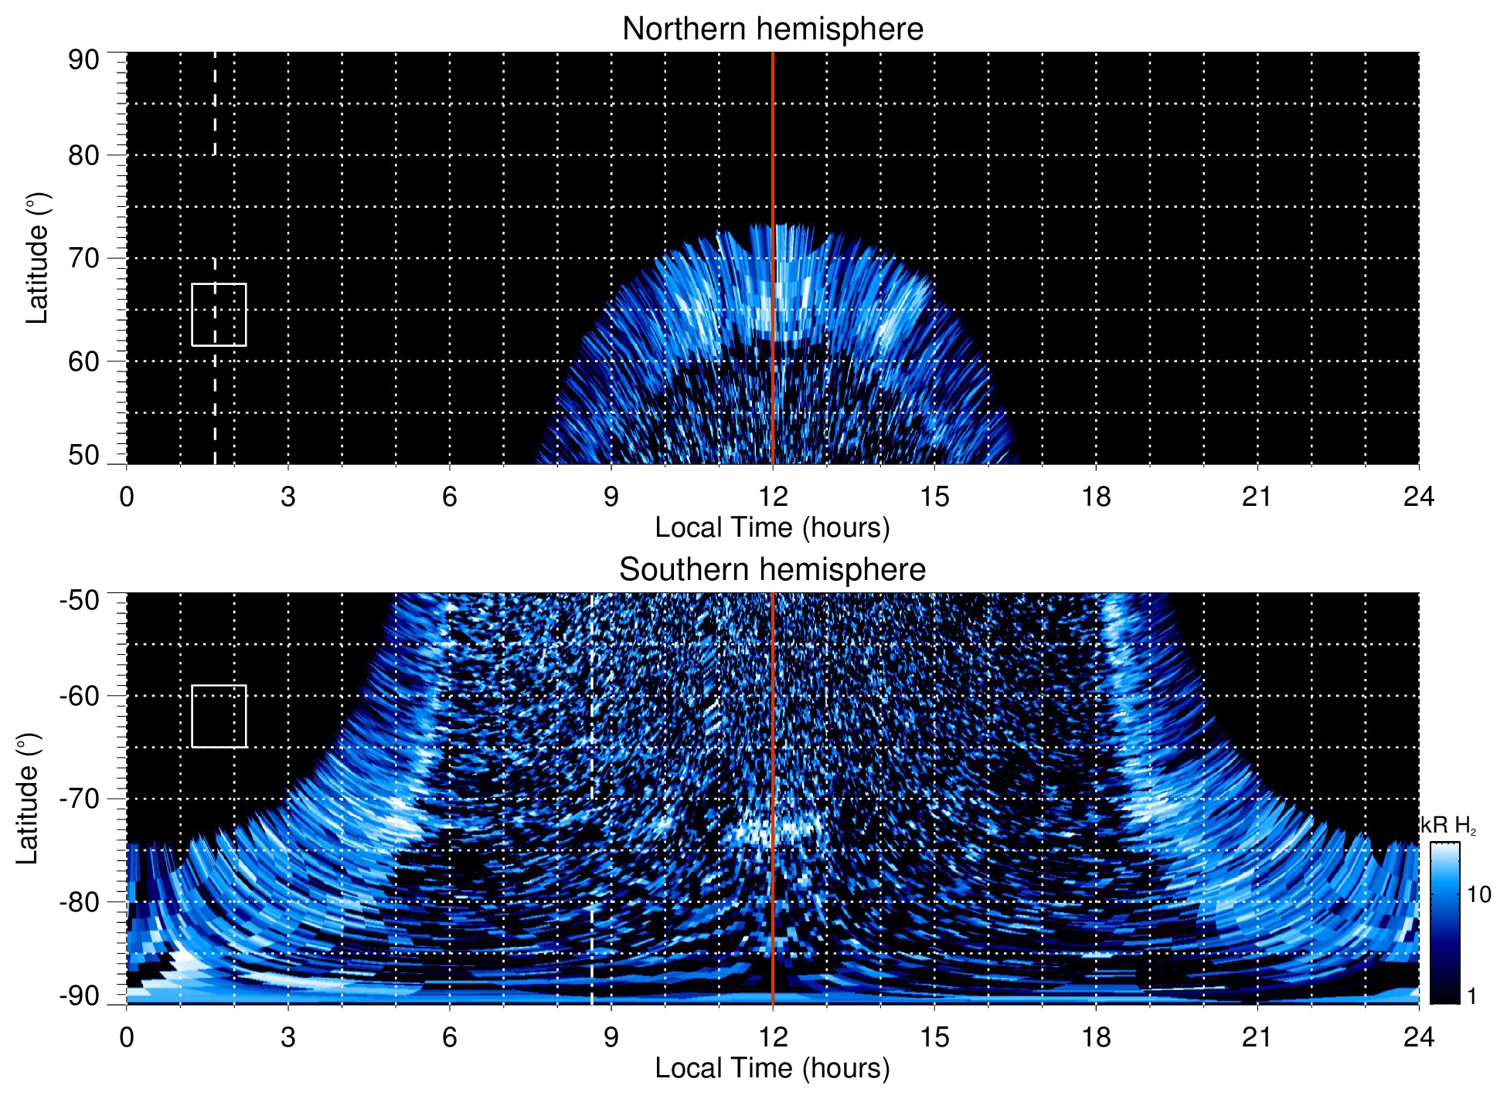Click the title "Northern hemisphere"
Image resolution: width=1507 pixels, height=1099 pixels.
point(772,29)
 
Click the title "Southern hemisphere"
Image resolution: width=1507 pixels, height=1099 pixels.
point(772,570)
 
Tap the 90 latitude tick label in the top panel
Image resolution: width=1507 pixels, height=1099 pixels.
point(83,60)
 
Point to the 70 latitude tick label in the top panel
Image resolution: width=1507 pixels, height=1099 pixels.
point(83,258)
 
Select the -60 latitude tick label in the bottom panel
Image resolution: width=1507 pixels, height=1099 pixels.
point(80,696)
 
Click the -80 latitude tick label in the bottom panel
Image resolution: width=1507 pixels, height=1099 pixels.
point(80,901)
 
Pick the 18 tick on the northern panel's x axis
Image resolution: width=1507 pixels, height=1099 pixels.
point(1096,497)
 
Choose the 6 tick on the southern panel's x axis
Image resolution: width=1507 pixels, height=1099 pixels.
point(449,1036)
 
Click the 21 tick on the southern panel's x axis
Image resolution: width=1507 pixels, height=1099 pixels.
point(1257,1036)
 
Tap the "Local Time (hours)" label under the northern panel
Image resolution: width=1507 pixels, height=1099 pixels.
point(772,527)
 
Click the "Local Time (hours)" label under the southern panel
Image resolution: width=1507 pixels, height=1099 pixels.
point(772,1068)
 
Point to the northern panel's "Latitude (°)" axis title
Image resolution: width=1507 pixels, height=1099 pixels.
point(37,258)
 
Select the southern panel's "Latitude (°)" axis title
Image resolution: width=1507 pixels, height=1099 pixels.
point(28,799)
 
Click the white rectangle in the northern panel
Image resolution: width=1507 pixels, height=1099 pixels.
point(219,314)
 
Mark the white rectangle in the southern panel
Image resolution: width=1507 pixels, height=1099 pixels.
point(219,716)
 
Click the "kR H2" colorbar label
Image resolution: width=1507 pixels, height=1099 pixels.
point(1448,826)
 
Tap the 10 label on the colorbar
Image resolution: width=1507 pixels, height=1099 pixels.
point(1478,895)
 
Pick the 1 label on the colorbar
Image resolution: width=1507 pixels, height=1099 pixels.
point(1471,996)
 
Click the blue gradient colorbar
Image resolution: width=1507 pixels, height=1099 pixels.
point(1444,923)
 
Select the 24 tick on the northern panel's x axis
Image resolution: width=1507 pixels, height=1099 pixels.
point(1418,497)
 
